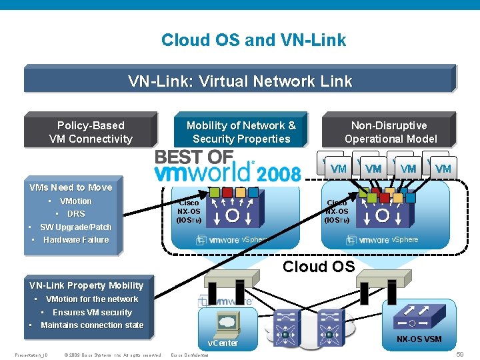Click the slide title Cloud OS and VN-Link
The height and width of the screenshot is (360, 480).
click(253, 40)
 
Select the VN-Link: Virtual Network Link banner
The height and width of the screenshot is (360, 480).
click(240, 81)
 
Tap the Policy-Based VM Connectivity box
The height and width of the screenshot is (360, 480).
click(91, 132)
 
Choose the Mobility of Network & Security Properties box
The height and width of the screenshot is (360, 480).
click(241, 132)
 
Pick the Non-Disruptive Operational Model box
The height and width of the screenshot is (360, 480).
click(390, 132)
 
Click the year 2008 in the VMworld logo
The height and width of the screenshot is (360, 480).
click(279, 173)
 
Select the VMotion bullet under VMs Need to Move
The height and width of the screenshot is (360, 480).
click(75, 201)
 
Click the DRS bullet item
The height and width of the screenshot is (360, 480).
click(76, 214)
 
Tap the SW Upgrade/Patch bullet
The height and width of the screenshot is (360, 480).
click(75, 227)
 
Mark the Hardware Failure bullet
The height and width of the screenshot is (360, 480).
click(75, 240)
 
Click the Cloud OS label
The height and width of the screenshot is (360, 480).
click(319, 267)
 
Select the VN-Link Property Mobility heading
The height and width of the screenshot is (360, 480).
click(87, 285)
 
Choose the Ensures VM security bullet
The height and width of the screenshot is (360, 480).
click(92, 312)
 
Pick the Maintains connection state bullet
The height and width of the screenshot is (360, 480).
click(92, 325)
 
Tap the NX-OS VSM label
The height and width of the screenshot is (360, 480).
click(419, 339)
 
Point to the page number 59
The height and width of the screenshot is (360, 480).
click(459, 355)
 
